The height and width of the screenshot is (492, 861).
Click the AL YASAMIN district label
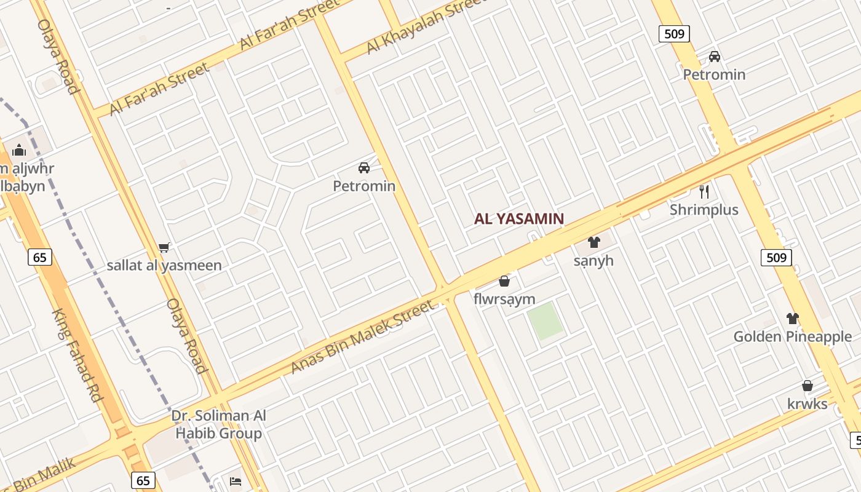[518, 218]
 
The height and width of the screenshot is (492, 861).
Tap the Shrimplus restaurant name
[704, 210]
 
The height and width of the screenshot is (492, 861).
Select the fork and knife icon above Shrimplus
[704, 191]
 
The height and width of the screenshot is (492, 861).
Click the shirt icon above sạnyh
[593, 242]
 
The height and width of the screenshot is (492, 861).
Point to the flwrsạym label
[504, 300]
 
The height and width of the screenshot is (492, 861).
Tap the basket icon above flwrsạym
[504, 281]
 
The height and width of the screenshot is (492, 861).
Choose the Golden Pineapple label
[792, 337]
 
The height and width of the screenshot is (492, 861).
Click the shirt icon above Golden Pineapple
[792, 319]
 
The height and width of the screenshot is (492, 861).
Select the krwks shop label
[807, 404]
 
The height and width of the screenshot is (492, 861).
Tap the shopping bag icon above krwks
[807, 386]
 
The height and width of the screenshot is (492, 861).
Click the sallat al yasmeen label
[164, 266]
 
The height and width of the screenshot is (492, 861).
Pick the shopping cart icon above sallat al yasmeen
[164, 247]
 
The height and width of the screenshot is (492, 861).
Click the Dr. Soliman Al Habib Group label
[219, 424]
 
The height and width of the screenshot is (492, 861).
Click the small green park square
[546, 321]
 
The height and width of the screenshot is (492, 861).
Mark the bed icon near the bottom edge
[235, 482]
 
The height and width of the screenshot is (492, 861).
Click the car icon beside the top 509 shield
[714, 57]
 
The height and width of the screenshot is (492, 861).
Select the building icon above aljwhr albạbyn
[19, 150]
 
